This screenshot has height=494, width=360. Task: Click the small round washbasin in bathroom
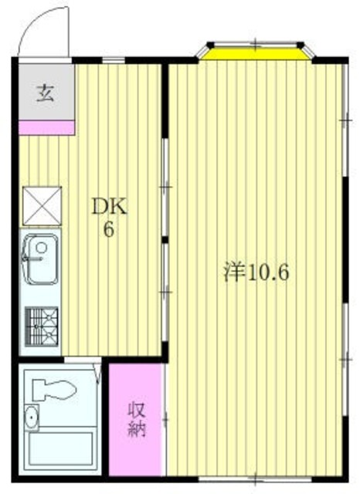point(32,418)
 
